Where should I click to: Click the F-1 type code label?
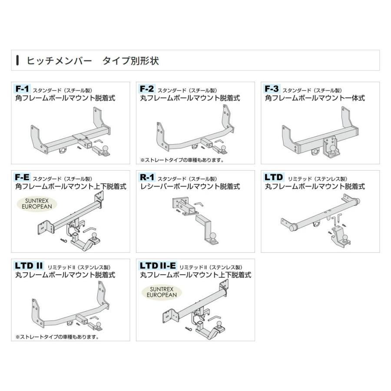point(22,89)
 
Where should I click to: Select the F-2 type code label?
point(147,89)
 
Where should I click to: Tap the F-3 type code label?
point(272,89)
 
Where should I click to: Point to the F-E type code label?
point(22,178)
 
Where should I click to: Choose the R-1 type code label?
point(147,178)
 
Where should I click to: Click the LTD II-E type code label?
point(158,266)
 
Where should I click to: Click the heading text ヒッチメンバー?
point(59,60)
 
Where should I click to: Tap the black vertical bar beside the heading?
point(17,60)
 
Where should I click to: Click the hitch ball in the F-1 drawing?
point(106,149)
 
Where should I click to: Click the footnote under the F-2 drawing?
point(182,160)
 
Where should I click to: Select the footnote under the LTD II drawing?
point(57,336)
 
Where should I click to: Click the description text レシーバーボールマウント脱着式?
point(190,187)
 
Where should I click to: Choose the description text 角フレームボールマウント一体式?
point(315,99)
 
